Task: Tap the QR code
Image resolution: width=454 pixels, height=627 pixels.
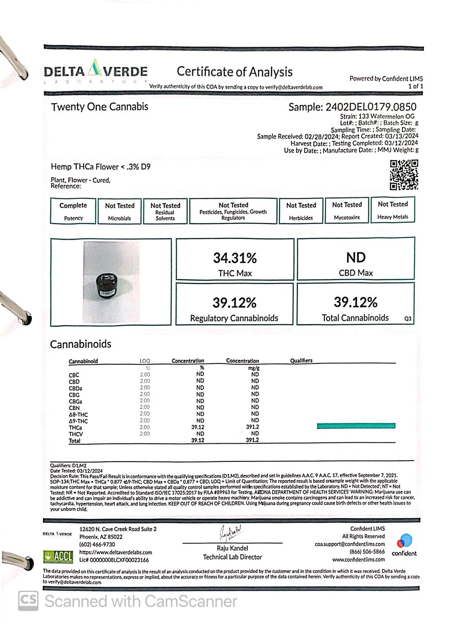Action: [404, 175]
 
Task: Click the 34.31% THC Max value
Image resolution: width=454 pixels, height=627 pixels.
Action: [235, 258]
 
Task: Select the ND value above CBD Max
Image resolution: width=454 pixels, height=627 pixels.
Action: [355, 257]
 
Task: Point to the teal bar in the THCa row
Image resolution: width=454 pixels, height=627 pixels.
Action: [356, 426]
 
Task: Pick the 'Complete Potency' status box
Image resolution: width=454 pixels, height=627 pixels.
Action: [73, 211]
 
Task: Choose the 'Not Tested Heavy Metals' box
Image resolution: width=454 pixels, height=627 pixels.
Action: [392, 210]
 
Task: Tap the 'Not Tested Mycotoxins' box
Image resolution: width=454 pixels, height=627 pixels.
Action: [347, 211]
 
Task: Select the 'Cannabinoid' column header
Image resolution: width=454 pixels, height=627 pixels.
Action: [83, 361]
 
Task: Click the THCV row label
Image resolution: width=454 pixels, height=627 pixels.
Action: [76, 434]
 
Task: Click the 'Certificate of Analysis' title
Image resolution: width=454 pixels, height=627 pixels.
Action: [234, 71]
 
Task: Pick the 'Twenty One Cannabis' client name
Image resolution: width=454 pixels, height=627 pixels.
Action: [99, 106]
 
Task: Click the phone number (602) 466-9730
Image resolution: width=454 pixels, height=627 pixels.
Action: [97, 544]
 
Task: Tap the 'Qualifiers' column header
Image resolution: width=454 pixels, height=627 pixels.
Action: [301, 361]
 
